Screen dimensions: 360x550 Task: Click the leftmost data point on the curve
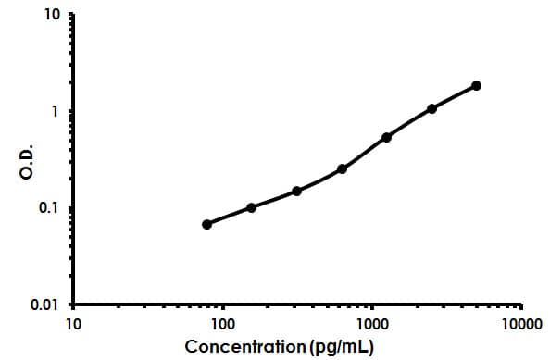point(206,224)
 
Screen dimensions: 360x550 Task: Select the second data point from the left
point(252,207)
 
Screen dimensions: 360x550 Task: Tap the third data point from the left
point(296,191)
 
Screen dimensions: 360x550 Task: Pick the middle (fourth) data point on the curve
point(342,168)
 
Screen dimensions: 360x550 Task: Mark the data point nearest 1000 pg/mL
point(386,137)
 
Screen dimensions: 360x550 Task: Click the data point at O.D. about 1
point(431,108)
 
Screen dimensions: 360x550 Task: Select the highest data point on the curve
point(476,85)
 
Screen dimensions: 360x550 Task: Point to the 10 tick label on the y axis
point(53,17)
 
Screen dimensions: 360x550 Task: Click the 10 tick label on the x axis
point(73,324)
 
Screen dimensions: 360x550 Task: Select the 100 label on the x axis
point(222,324)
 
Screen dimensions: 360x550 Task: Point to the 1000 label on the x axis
point(372,324)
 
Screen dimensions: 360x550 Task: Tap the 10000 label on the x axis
point(520,324)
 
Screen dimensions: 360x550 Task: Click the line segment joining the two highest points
point(454,96)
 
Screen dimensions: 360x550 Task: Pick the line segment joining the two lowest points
point(229,216)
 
